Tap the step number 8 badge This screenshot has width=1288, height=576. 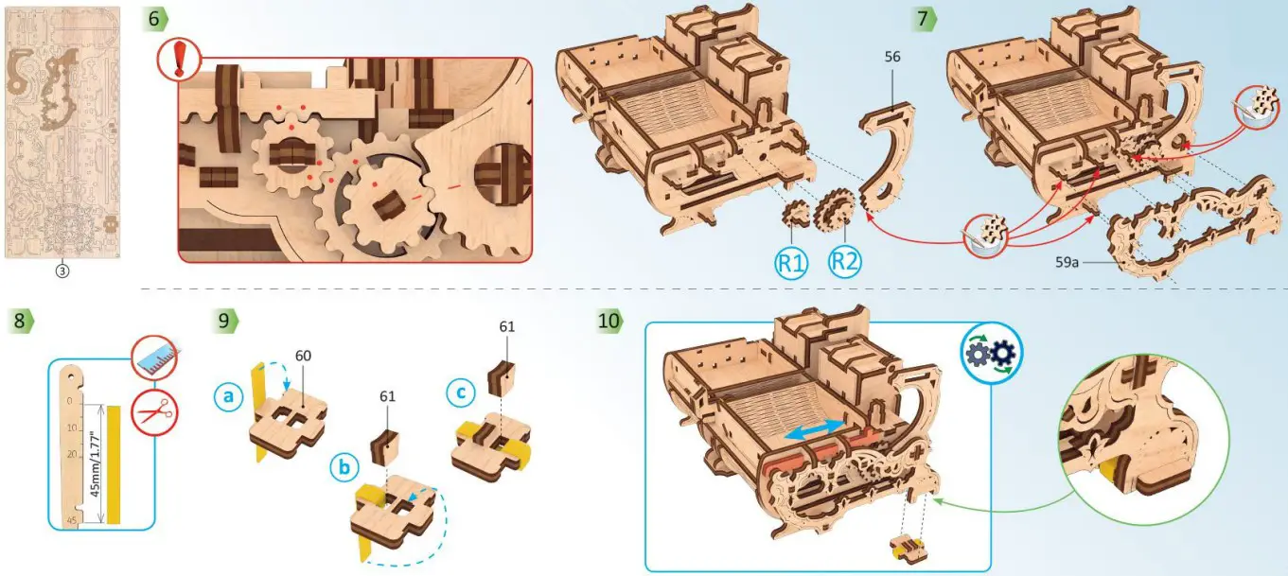point(20,320)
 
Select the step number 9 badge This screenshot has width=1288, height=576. point(223,320)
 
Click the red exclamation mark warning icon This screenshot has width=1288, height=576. point(177,61)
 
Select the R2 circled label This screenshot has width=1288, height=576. point(844,261)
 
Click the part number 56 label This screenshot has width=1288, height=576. point(892,57)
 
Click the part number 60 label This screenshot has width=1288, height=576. point(303,357)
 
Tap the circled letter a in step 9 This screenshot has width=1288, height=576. point(227,398)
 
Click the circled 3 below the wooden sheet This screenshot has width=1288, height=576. point(63,270)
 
